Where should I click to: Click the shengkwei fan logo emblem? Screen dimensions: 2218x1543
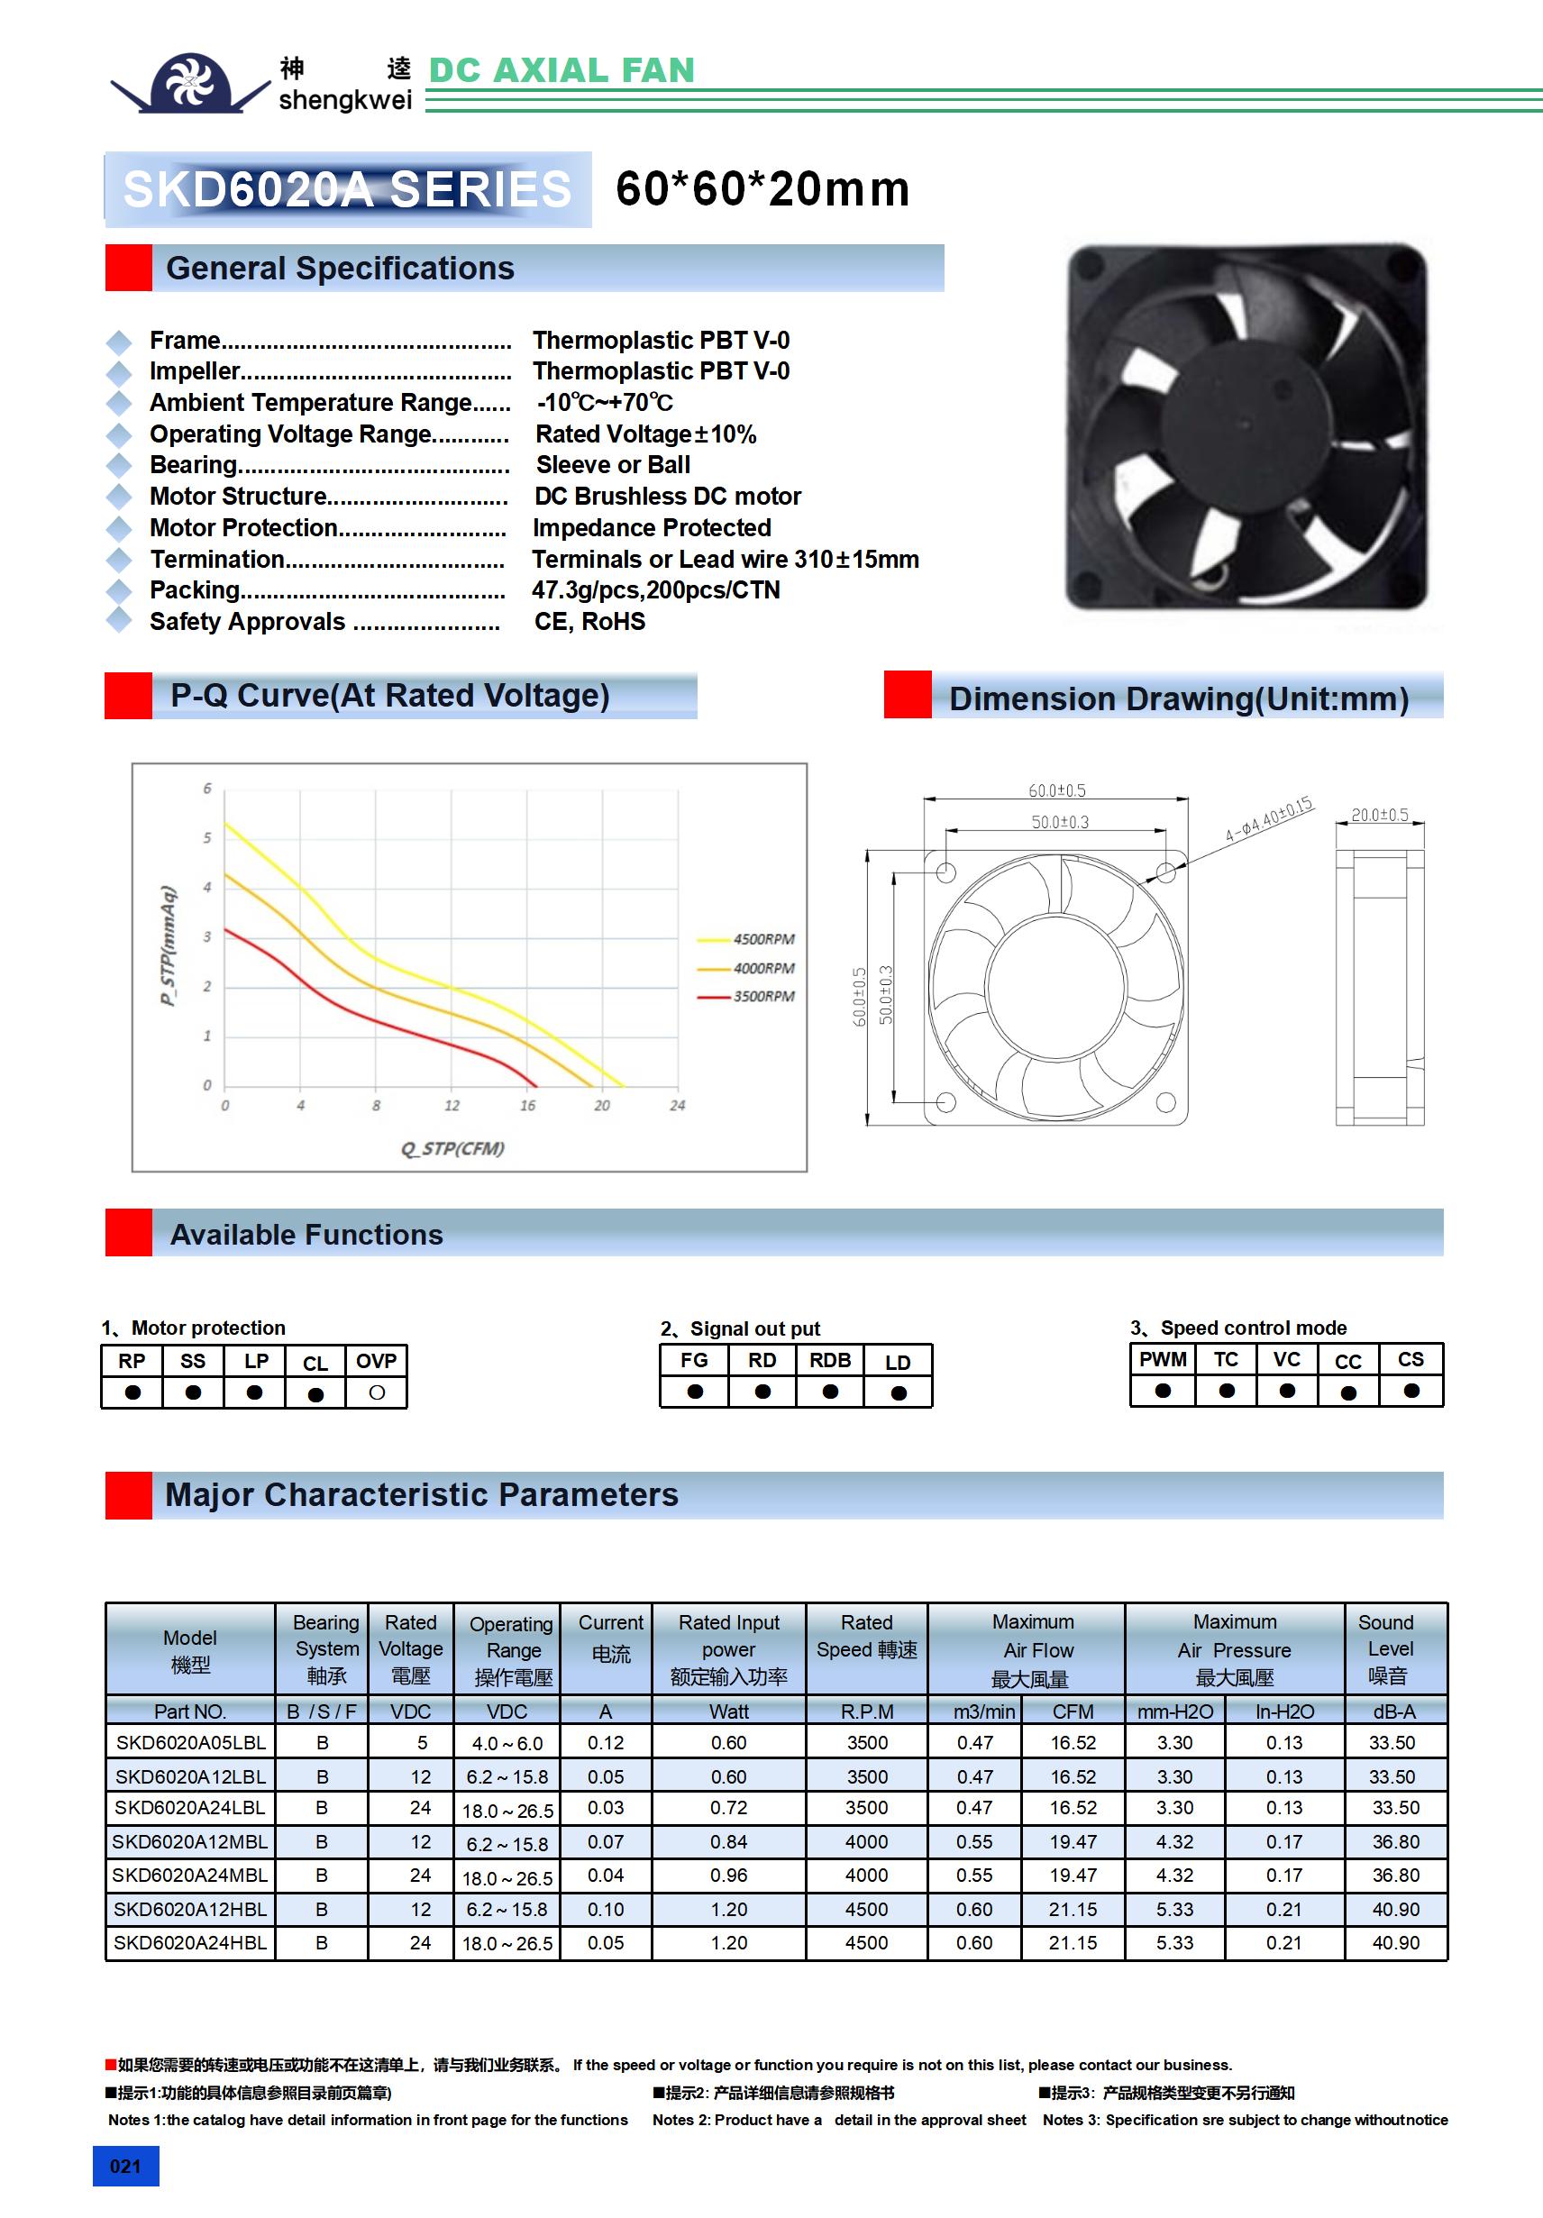click(x=189, y=82)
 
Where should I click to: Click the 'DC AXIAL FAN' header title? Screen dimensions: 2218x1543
click(x=561, y=70)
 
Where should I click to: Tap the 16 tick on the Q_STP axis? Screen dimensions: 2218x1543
click(x=527, y=1105)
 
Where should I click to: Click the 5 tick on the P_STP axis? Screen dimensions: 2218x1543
click(x=206, y=837)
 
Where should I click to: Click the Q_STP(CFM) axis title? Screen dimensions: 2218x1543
click(x=452, y=1148)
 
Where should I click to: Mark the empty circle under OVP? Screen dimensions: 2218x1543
click(x=377, y=1392)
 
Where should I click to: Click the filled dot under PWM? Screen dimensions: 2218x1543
click(x=1163, y=1391)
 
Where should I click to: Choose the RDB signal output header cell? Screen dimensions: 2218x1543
click(x=830, y=1360)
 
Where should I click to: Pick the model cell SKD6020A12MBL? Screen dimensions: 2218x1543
click(x=189, y=1841)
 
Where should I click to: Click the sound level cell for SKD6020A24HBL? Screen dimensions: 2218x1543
click(x=1395, y=1943)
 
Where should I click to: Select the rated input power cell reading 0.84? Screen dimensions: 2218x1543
click(x=728, y=1841)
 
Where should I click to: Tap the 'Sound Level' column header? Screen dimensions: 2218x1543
click(x=1386, y=1648)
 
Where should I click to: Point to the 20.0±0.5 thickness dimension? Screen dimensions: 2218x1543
click(x=1379, y=816)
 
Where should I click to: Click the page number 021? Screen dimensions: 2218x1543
click(x=125, y=2166)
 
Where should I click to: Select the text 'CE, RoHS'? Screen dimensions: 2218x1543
click(x=589, y=622)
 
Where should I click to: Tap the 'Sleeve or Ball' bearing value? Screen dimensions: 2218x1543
click(x=613, y=465)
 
